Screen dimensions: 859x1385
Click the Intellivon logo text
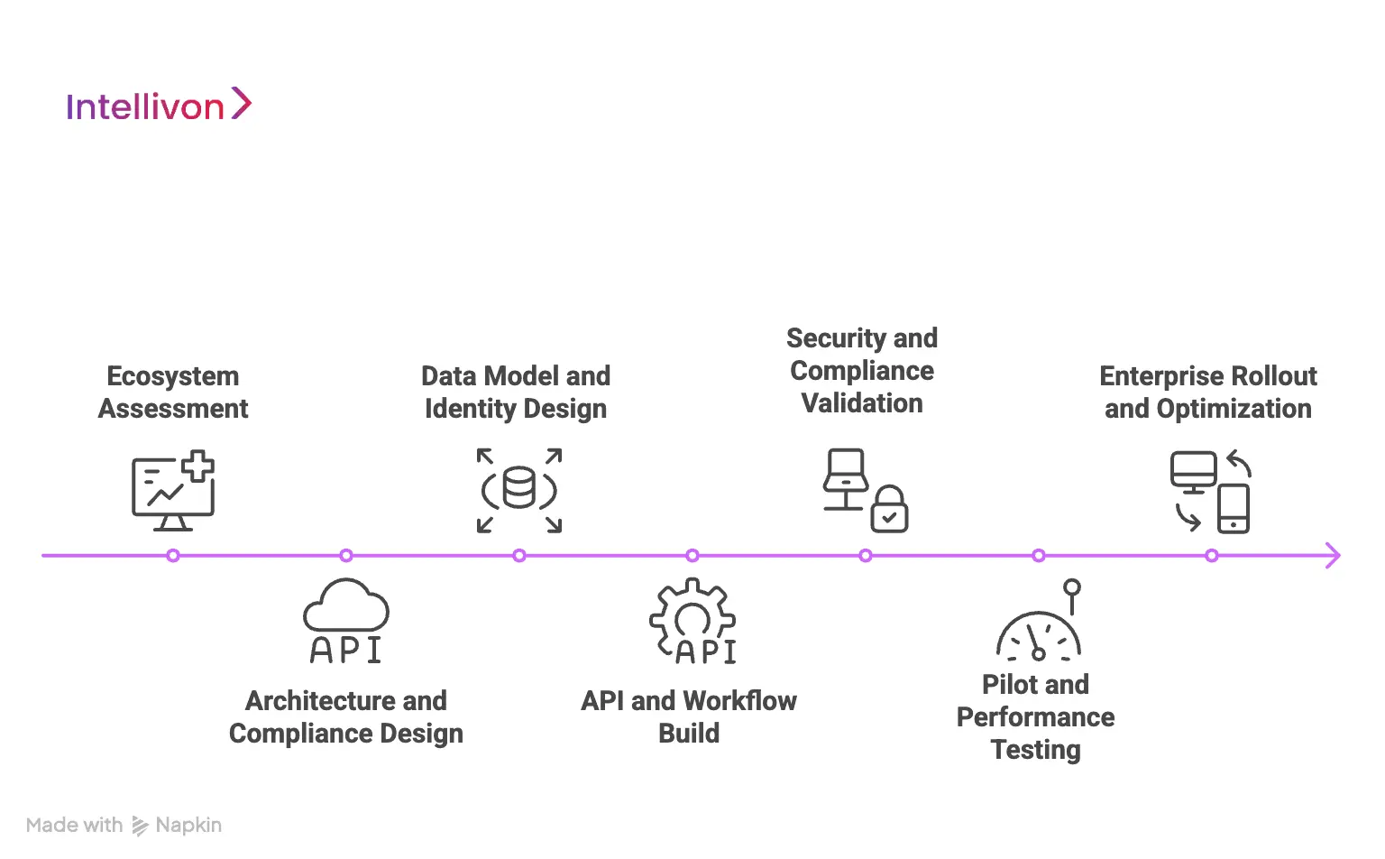point(145,106)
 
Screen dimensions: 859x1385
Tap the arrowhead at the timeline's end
point(1333,556)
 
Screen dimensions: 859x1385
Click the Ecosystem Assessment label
point(173,393)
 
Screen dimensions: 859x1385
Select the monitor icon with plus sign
point(173,490)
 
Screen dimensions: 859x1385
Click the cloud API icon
point(346,622)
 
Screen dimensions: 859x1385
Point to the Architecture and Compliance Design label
point(346,717)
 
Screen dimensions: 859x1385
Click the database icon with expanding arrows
point(519,490)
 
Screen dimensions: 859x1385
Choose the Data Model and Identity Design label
point(516,393)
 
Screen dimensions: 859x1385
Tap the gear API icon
point(692,622)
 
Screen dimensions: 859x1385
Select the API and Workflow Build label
point(689,717)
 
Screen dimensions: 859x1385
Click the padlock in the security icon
point(889,511)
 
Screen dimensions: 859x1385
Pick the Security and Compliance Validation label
point(862,371)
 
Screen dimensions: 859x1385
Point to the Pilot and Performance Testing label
point(1035,717)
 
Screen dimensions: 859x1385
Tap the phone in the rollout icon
point(1233,509)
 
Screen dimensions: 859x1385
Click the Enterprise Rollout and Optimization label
point(1208,393)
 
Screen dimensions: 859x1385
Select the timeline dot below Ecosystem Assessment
point(173,556)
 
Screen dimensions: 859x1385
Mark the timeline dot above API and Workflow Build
point(692,556)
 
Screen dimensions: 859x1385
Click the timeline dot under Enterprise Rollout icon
point(1212,556)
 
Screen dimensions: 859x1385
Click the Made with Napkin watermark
point(124,826)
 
